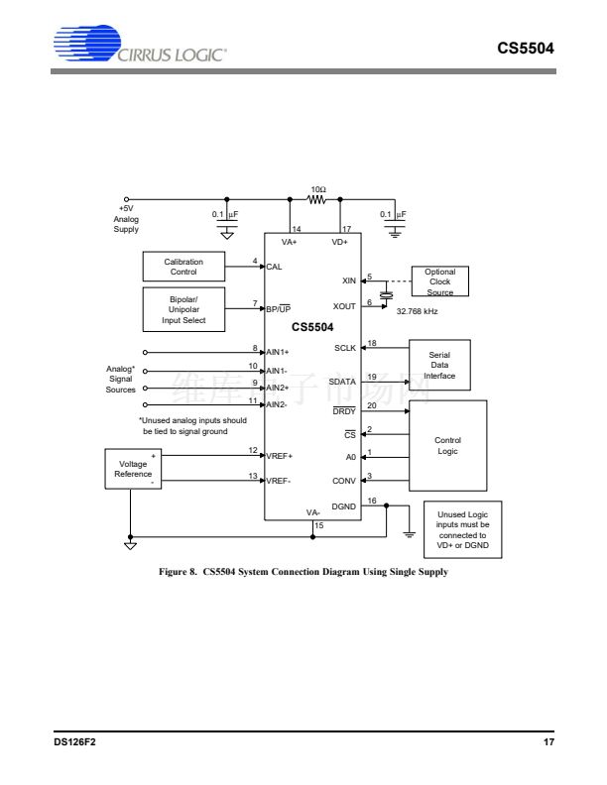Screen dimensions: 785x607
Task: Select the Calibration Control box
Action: click(183, 267)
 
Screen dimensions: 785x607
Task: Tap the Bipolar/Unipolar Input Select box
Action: click(183, 309)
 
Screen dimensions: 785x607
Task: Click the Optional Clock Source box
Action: click(439, 281)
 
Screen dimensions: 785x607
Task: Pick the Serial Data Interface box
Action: click(439, 365)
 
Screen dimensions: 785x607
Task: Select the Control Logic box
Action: click(447, 445)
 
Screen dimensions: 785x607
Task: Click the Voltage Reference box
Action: click(134, 469)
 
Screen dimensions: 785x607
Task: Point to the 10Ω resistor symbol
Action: click(317, 199)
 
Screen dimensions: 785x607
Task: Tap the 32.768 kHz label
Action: click(417, 311)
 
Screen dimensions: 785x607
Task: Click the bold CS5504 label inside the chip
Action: click(312, 326)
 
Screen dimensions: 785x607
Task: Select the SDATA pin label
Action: click(342, 383)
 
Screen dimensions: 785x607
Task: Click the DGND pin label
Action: click(343, 506)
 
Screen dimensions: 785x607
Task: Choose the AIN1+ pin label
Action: click(278, 352)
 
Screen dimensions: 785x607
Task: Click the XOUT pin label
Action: click(343, 307)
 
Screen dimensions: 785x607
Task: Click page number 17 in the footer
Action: click(548, 742)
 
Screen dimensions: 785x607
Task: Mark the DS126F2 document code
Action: click(75, 742)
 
